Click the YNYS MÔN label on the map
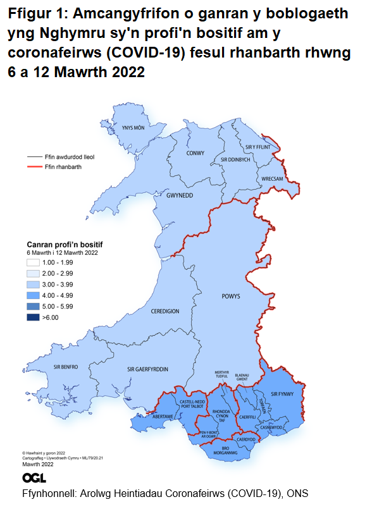point(133,128)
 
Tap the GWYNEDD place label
point(179,195)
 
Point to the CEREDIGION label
point(166,312)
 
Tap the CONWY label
point(196,153)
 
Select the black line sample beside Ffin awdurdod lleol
point(34,155)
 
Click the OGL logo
point(34,477)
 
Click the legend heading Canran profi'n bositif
point(65,243)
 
